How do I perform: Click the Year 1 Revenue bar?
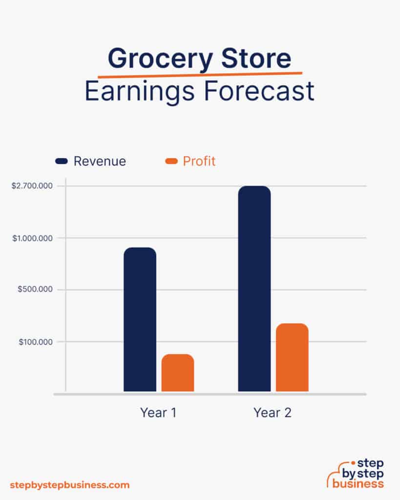(140, 319)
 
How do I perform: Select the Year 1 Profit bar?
(178, 373)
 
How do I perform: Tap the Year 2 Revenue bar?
(254, 289)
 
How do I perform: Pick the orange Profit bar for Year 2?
(292, 357)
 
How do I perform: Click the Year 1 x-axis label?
(158, 413)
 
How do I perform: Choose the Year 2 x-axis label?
(273, 413)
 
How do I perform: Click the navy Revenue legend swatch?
(62, 161)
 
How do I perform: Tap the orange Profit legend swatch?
(171, 161)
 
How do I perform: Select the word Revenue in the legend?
(100, 161)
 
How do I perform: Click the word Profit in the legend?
(199, 161)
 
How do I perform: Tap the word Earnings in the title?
(138, 91)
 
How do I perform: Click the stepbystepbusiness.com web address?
(70, 485)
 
